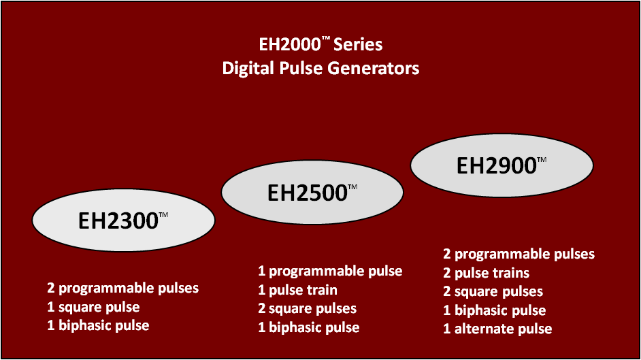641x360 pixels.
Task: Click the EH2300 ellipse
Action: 123,220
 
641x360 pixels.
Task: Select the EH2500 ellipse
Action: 312,192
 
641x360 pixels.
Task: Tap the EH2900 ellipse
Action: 502,165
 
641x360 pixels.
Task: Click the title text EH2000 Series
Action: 321,44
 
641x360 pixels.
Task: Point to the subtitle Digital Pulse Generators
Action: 321,68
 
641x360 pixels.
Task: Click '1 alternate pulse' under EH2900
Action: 497,329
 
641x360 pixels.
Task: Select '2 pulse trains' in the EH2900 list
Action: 486,273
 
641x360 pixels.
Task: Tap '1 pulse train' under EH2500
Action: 297,290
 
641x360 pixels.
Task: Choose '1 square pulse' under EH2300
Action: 93,307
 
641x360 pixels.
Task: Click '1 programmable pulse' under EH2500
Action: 330,271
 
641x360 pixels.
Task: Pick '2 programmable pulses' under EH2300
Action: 122,288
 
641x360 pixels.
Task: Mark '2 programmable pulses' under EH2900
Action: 519,254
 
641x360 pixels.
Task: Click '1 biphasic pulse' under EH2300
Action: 98,325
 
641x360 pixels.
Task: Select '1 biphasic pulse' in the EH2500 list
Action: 309,327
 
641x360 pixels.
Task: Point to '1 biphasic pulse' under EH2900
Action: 494,310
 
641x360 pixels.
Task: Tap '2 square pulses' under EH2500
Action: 307,308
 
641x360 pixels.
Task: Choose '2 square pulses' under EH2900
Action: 493,291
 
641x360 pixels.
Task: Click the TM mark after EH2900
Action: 542,160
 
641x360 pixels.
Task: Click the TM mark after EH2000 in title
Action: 326,38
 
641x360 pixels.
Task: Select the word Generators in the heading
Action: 374,68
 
